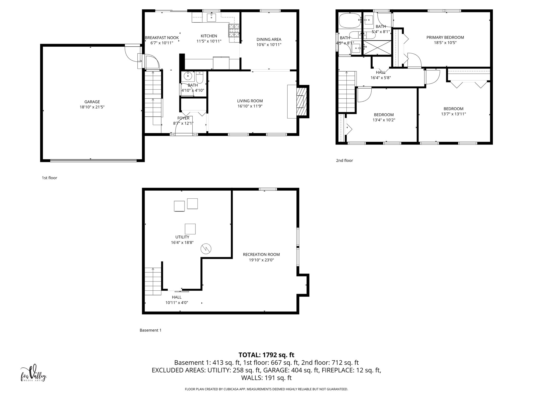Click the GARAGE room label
[92, 102]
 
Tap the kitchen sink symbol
[211, 18]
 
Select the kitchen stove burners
[234, 30]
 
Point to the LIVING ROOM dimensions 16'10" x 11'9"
[250, 106]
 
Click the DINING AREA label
[269, 39]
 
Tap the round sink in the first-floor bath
[188, 76]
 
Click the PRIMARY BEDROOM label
[445, 37]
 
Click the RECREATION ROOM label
[261, 254]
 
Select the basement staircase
[153, 282]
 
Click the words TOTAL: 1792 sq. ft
[266, 355]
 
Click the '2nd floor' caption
[344, 160]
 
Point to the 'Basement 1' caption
[150, 330]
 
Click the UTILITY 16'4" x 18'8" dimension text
[182, 242]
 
